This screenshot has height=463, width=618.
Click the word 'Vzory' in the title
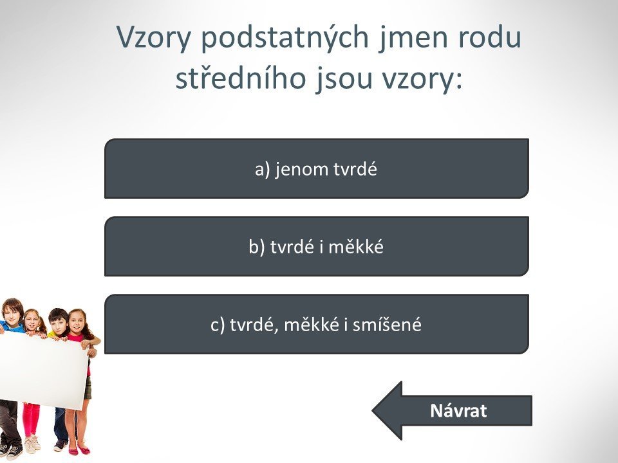pyautogui.click(x=154, y=38)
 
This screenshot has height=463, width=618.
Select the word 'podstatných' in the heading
pyautogui.click(x=285, y=37)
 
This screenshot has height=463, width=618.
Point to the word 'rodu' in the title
pyautogui.click(x=489, y=37)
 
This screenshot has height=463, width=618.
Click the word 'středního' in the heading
pyautogui.click(x=240, y=78)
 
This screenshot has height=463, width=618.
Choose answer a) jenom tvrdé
pyautogui.click(x=317, y=168)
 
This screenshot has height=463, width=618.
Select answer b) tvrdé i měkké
pyautogui.click(x=317, y=246)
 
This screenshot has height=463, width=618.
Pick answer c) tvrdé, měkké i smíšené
pyautogui.click(x=317, y=324)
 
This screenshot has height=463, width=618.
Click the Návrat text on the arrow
pyautogui.click(x=458, y=411)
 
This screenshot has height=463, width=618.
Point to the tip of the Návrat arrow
pyautogui.click(x=373, y=411)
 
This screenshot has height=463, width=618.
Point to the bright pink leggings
pyautogui.click(x=31, y=420)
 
